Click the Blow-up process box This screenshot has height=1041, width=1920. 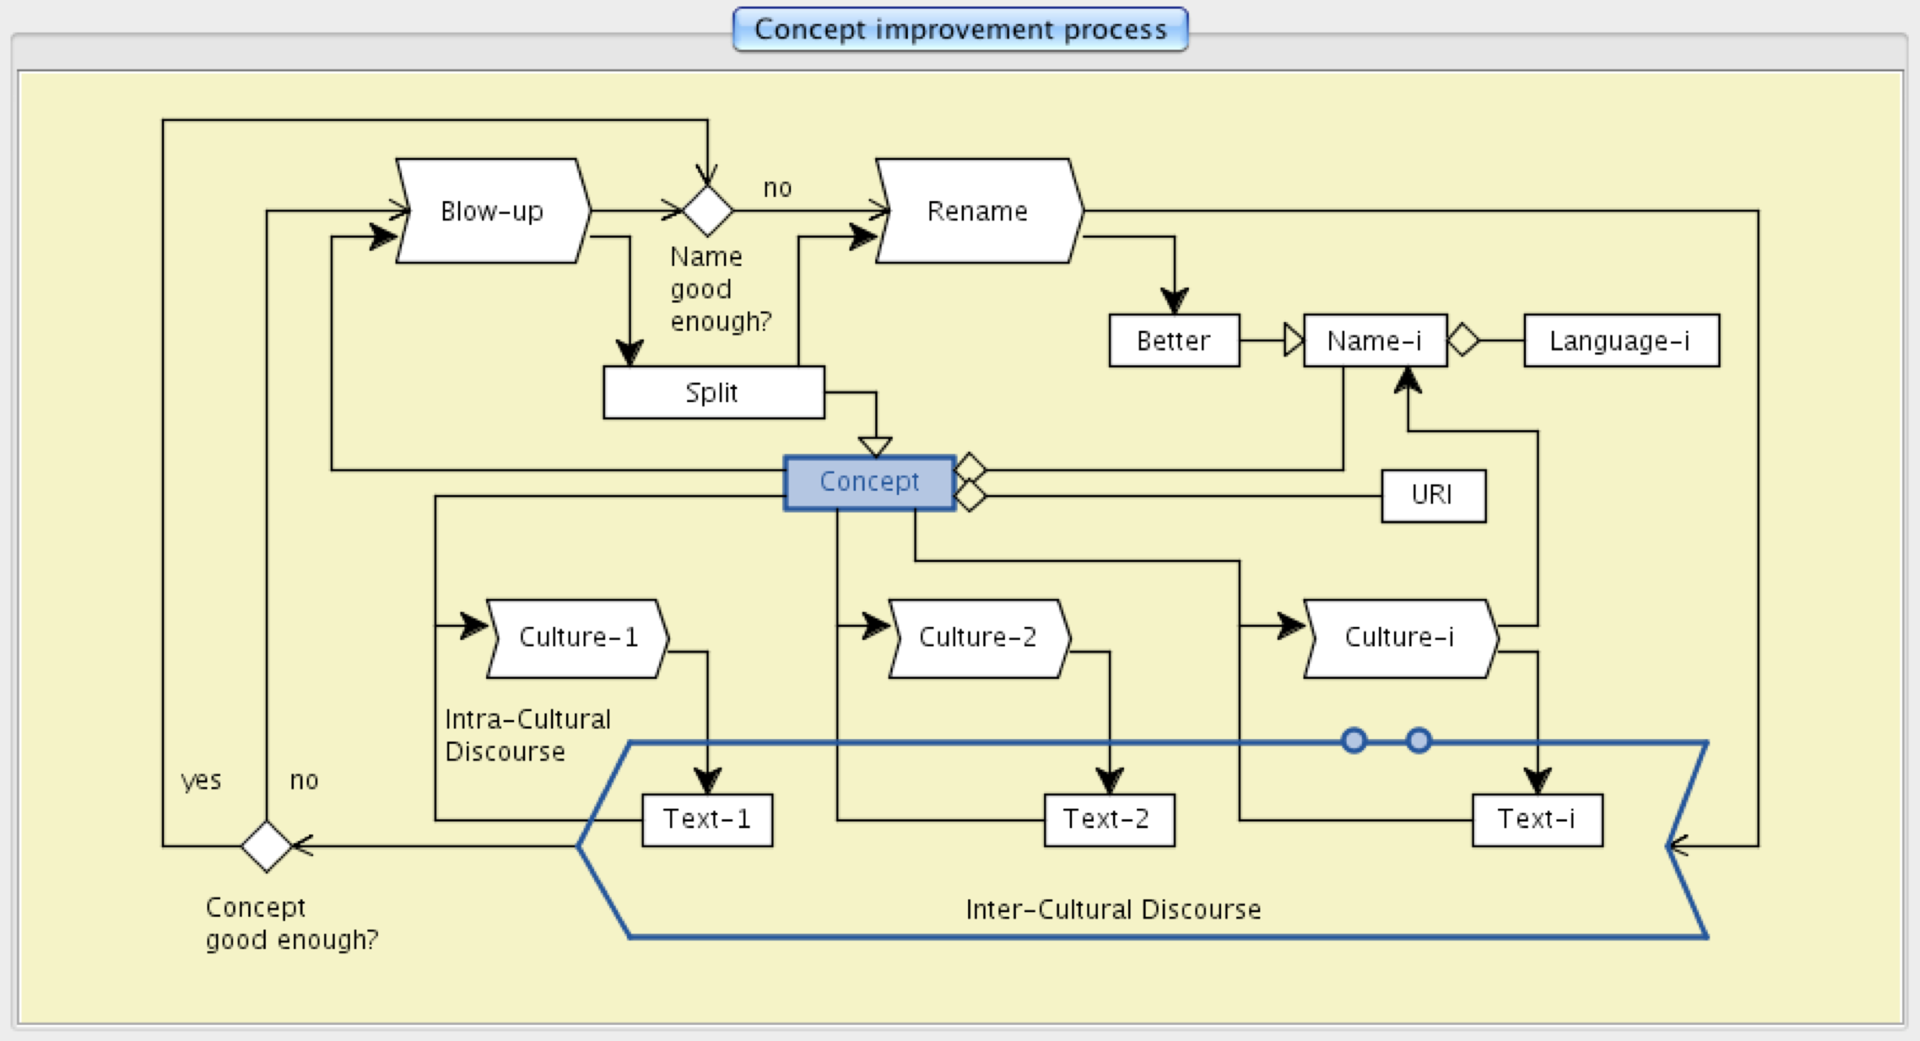click(x=492, y=211)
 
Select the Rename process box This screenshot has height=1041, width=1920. click(x=978, y=211)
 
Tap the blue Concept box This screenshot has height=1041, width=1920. click(x=870, y=482)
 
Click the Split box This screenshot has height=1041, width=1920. click(x=713, y=392)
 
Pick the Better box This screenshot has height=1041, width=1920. click(x=1174, y=340)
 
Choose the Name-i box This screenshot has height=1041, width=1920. click(x=1375, y=340)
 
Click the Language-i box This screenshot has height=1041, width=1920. click(x=1621, y=340)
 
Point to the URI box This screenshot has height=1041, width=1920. click(x=1432, y=496)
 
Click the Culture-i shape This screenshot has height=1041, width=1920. click(x=1400, y=638)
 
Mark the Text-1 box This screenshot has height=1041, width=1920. click(x=707, y=820)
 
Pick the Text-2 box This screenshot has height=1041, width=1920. click(x=1108, y=820)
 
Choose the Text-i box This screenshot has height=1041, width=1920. click(x=1536, y=820)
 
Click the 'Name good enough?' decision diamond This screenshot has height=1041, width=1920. click(x=708, y=211)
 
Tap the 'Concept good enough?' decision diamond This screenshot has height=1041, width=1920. click(x=266, y=846)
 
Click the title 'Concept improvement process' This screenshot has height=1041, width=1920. click(x=960, y=30)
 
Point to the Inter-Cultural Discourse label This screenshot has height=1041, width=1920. click(x=1113, y=910)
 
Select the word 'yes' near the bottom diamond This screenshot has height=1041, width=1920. click(x=201, y=780)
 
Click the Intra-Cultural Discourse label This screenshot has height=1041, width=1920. click(x=527, y=735)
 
